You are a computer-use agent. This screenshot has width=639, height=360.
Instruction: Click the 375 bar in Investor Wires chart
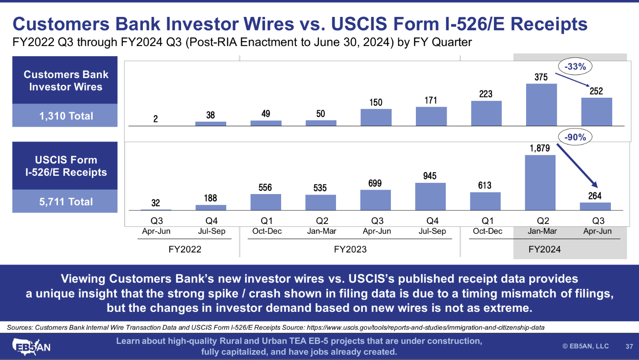[541, 104]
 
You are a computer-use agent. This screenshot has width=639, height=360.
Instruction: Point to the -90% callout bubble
[575, 137]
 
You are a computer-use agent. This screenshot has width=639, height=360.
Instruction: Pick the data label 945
[430, 176]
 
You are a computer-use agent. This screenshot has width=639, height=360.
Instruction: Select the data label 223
[485, 94]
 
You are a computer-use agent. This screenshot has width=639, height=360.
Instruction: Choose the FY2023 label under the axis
[350, 249]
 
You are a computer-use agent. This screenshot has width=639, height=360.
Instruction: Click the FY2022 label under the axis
[185, 249]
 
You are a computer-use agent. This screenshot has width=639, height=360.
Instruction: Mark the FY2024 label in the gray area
[544, 249]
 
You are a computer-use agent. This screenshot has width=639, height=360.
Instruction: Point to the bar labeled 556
[266, 202]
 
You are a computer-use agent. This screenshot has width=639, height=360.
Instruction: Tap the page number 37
[629, 347]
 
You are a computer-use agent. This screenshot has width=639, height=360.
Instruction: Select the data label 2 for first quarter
[155, 119]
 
